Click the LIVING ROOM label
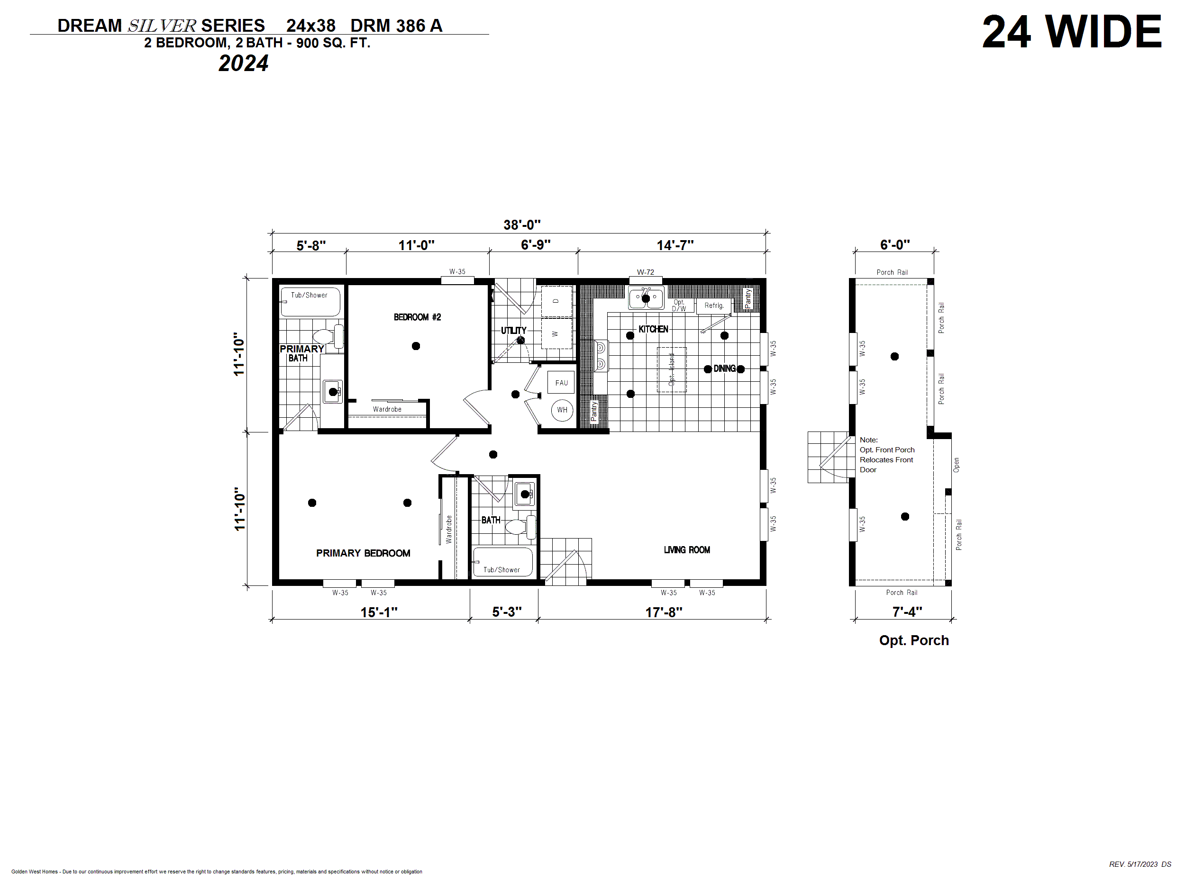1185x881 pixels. [687, 550]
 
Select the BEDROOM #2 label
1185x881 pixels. [417, 317]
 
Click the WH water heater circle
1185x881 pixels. [562, 410]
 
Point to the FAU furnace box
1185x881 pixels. [561, 382]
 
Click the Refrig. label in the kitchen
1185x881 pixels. [714, 306]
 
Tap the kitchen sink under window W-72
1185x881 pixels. [646, 298]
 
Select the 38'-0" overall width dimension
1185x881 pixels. [522, 225]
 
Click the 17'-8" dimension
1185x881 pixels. [664, 612]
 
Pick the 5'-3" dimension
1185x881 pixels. [507, 611]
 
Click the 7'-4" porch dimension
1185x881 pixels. [907, 611]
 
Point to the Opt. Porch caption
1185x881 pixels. [914, 640]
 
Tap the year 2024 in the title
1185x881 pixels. [243, 63]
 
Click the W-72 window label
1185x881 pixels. [646, 272]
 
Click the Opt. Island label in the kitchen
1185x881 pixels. [671, 369]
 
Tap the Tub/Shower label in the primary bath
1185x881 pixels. [309, 295]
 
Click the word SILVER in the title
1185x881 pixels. [162, 26]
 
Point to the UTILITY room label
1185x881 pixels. [513, 331]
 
